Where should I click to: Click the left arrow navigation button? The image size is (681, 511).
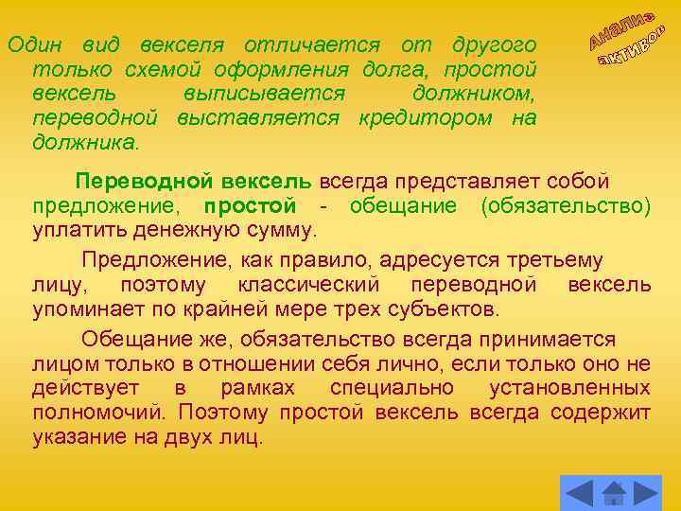[x=578, y=493]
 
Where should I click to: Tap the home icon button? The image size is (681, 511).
[x=613, y=493]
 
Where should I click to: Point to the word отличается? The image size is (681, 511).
[x=312, y=44]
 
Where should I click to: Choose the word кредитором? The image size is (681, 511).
[x=426, y=118]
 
